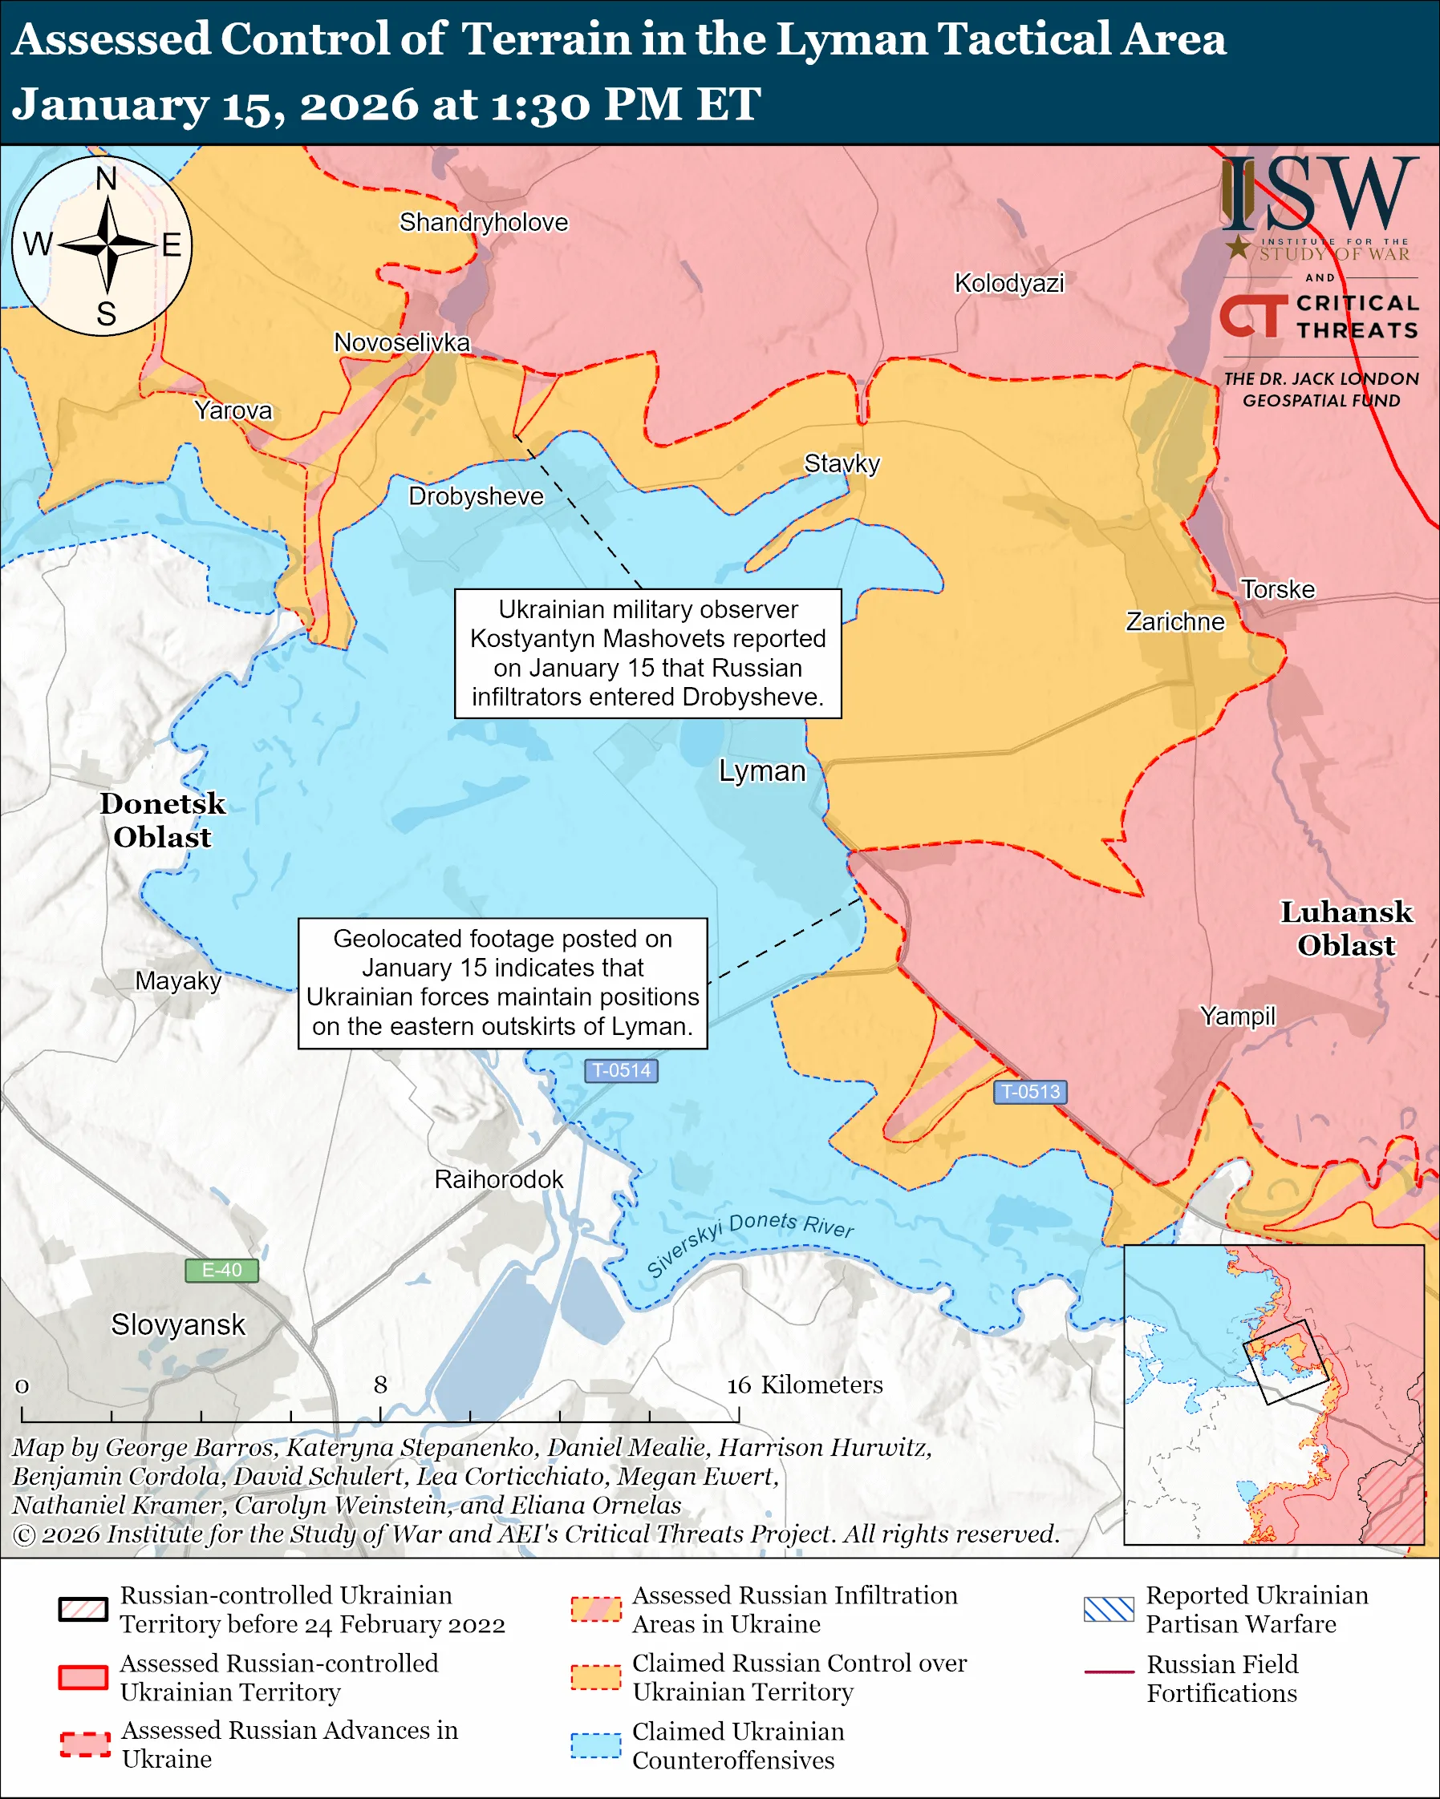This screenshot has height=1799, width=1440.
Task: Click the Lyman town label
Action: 762,771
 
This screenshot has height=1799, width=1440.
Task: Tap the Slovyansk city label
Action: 178,1324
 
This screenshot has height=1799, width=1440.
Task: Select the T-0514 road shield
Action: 621,1070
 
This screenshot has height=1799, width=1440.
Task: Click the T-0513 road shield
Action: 1030,1091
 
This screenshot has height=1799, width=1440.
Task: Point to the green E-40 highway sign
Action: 221,1270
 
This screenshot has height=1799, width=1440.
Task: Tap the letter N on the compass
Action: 106,179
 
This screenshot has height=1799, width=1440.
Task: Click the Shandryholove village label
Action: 483,222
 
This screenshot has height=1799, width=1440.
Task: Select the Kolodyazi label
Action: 1009,283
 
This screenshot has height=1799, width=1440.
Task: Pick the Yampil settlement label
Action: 1237,1016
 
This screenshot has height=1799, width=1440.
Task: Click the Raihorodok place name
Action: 498,1179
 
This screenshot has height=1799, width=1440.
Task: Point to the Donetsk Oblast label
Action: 163,820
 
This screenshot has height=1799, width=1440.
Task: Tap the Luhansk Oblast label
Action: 1346,928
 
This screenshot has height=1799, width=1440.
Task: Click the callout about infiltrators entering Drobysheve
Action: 647,653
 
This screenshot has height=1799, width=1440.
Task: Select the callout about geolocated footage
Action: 502,983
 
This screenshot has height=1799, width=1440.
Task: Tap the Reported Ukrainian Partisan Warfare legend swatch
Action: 1109,1609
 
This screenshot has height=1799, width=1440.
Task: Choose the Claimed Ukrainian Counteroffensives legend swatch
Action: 596,1744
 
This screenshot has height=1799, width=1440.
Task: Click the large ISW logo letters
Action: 1319,195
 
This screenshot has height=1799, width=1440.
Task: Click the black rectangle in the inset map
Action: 1285,1362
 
